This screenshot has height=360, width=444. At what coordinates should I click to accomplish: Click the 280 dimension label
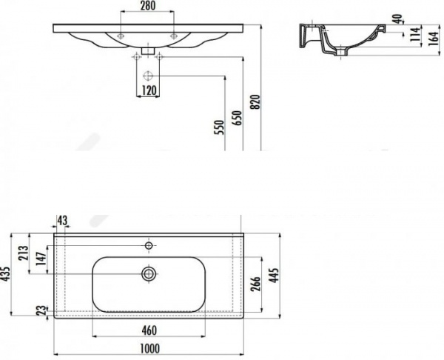(x=148, y=6)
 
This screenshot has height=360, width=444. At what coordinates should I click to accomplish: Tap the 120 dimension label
(x=149, y=90)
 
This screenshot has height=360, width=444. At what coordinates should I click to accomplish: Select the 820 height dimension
(x=256, y=101)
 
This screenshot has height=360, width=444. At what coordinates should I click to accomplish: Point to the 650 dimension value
(x=238, y=118)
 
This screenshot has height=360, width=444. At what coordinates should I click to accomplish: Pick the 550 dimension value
(x=220, y=127)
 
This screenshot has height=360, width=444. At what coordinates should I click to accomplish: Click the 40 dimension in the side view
(x=397, y=19)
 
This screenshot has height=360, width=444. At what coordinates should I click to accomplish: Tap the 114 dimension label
(x=415, y=34)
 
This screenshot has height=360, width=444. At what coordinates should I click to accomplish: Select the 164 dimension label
(x=433, y=39)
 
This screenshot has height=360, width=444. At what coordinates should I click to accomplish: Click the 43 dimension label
(x=62, y=221)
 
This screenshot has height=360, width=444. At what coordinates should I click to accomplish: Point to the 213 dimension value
(x=24, y=253)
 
